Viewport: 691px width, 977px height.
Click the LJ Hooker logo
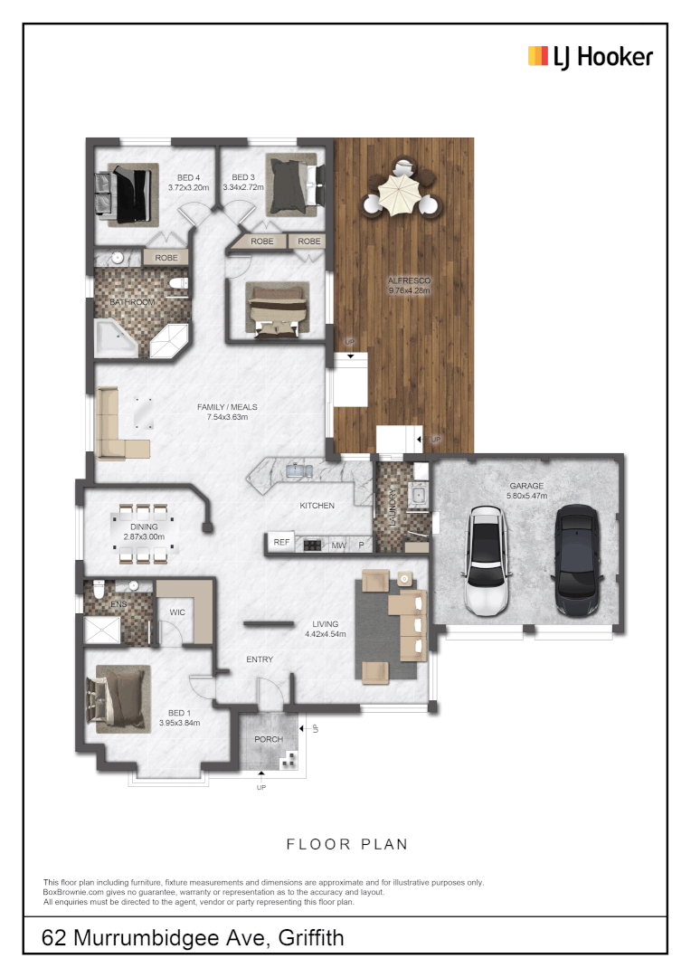[x=590, y=57]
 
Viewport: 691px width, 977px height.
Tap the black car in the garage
[x=576, y=564]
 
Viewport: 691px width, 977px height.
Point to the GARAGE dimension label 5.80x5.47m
[x=525, y=497]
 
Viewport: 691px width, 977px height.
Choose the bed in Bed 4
[x=124, y=192]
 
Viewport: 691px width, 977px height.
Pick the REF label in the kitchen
[x=281, y=544]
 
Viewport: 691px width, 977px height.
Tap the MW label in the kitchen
[x=338, y=545]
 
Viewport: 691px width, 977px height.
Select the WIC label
[x=177, y=612]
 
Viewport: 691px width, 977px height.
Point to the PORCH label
[x=268, y=739]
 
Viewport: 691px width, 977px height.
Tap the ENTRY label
[x=260, y=659]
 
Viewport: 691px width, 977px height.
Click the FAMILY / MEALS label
[x=222, y=407]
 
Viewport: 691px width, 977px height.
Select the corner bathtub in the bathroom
[x=116, y=337]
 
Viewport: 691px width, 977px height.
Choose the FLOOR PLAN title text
[x=346, y=844]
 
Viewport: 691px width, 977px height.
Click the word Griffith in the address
[x=311, y=938]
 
